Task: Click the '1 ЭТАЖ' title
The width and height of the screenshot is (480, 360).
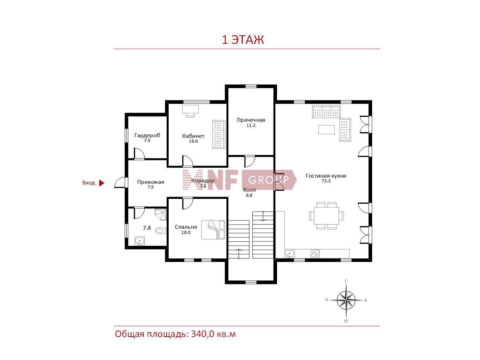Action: (243, 40)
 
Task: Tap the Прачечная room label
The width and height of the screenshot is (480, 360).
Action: (251, 120)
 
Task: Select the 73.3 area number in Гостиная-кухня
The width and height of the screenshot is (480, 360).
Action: (326, 181)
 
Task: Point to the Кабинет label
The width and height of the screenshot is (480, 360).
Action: (193, 136)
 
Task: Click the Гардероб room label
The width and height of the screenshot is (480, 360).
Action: (147, 135)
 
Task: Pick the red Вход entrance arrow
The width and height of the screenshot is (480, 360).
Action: (101, 183)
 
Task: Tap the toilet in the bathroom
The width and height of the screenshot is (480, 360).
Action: (160, 231)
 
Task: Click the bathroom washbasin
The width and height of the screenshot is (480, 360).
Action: (139, 241)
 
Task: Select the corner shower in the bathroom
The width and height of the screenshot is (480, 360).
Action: (160, 214)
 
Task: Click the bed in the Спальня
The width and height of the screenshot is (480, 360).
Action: (213, 230)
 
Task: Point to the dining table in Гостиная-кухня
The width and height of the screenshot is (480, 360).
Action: (326, 216)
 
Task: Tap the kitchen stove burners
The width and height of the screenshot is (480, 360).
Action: (315, 254)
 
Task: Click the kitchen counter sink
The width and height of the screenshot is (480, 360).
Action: (289, 254)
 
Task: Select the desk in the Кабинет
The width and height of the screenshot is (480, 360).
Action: (191, 109)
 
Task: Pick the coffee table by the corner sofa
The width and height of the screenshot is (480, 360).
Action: (326, 129)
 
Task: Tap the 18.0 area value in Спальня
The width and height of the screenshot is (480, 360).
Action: (186, 232)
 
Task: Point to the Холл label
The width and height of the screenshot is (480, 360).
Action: (249, 190)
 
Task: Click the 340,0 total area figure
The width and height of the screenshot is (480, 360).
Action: (203, 334)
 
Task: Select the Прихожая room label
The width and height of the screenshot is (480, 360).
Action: (151, 182)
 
